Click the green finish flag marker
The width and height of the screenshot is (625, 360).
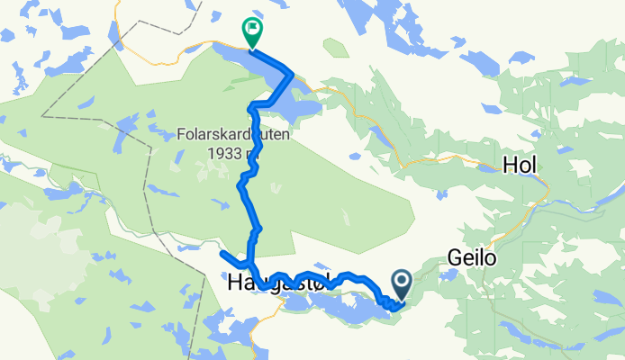(251, 32)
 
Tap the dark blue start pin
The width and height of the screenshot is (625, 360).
(400, 285)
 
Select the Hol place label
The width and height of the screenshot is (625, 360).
(520, 166)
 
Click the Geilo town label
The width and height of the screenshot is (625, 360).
(471, 259)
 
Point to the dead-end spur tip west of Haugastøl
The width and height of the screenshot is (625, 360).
(221, 255)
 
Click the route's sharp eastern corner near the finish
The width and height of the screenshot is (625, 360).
(292, 73)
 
